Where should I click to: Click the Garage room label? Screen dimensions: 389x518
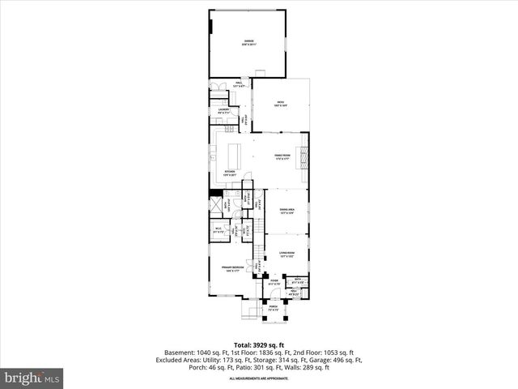click(x=248, y=42)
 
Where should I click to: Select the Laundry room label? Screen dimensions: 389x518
click(x=223, y=110)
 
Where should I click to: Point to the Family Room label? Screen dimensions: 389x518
click(x=281, y=156)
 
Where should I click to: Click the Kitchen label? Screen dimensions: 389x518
click(x=231, y=173)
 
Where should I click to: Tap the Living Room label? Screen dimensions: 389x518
click(x=287, y=254)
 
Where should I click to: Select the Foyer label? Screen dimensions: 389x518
click(x=274, y=283)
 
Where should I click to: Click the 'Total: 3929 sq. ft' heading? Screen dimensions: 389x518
click(x=259, y=345)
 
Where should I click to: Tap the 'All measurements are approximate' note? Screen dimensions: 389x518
click(x=259, y=378)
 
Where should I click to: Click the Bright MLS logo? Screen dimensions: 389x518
click(x=33, y=377)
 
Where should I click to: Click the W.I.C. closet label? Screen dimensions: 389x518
click(x=219, y=231)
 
